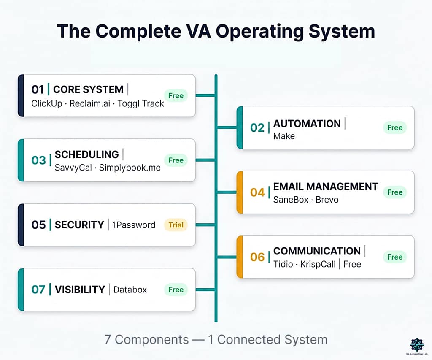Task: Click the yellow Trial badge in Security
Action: (176, 225)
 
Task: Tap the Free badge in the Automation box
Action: (395, 127)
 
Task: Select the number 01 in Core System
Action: (38, 89)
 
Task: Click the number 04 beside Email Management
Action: (257, 192)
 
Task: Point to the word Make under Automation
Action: (284, 136)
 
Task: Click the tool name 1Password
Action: (134, 225)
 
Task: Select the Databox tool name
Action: (130, 290)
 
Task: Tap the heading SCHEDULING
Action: (86, 154)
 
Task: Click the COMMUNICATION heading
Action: (317, 251)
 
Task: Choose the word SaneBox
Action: (291, 200)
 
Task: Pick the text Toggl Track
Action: (141, 103)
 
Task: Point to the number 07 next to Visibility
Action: (38, 290)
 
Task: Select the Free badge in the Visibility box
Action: (176, 290)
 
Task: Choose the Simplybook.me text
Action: (130, 168)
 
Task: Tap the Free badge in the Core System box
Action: (176, 95)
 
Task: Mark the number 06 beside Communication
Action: (257, 257)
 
